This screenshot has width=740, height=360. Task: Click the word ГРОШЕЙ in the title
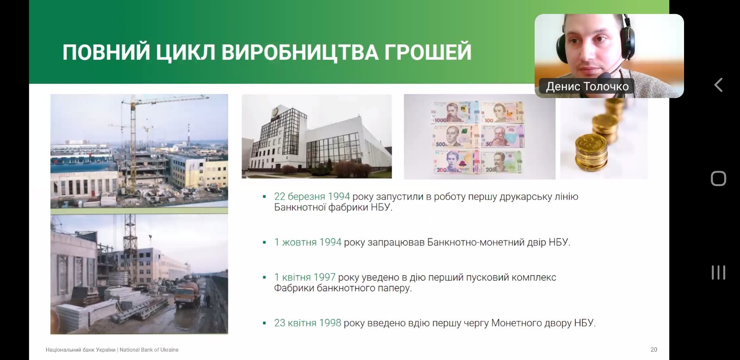click(427, 52)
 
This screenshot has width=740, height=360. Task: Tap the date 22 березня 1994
click(312, 196)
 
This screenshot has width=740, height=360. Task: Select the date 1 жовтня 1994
click(308, 242)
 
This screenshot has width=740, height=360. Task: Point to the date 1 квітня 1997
click(305, 277)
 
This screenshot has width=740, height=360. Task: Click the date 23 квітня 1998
click(308, 323)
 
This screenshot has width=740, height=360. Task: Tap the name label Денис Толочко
click(587, 87)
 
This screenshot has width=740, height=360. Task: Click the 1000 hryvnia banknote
click(455, 112)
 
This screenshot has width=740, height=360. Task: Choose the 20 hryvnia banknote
click(502, 161)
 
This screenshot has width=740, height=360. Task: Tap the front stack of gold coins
click(591, 153)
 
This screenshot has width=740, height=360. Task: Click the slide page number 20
click(654, 350)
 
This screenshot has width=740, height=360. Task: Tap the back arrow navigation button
click(718, 85)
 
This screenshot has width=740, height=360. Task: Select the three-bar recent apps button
click(718, 273)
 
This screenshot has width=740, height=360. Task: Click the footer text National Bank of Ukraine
click(149, 350)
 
